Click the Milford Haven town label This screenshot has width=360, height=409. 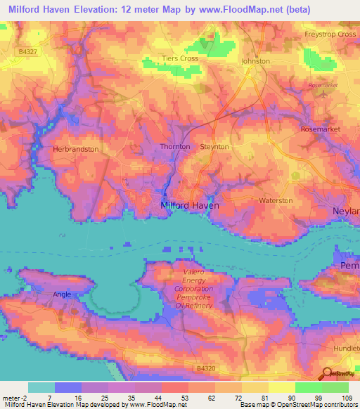click(x=190, y=205)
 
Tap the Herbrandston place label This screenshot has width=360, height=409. click(x=75, y=149)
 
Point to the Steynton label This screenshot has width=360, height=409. click(x=214, y=146)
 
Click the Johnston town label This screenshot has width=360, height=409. click(x=255, y=61)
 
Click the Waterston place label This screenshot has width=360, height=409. click(x=276, y=200)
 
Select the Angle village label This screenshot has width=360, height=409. click(x=62, y=296)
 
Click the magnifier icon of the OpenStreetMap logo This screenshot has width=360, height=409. click(x=326, y=372)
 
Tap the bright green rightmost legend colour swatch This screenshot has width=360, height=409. click(x=335, y=387)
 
